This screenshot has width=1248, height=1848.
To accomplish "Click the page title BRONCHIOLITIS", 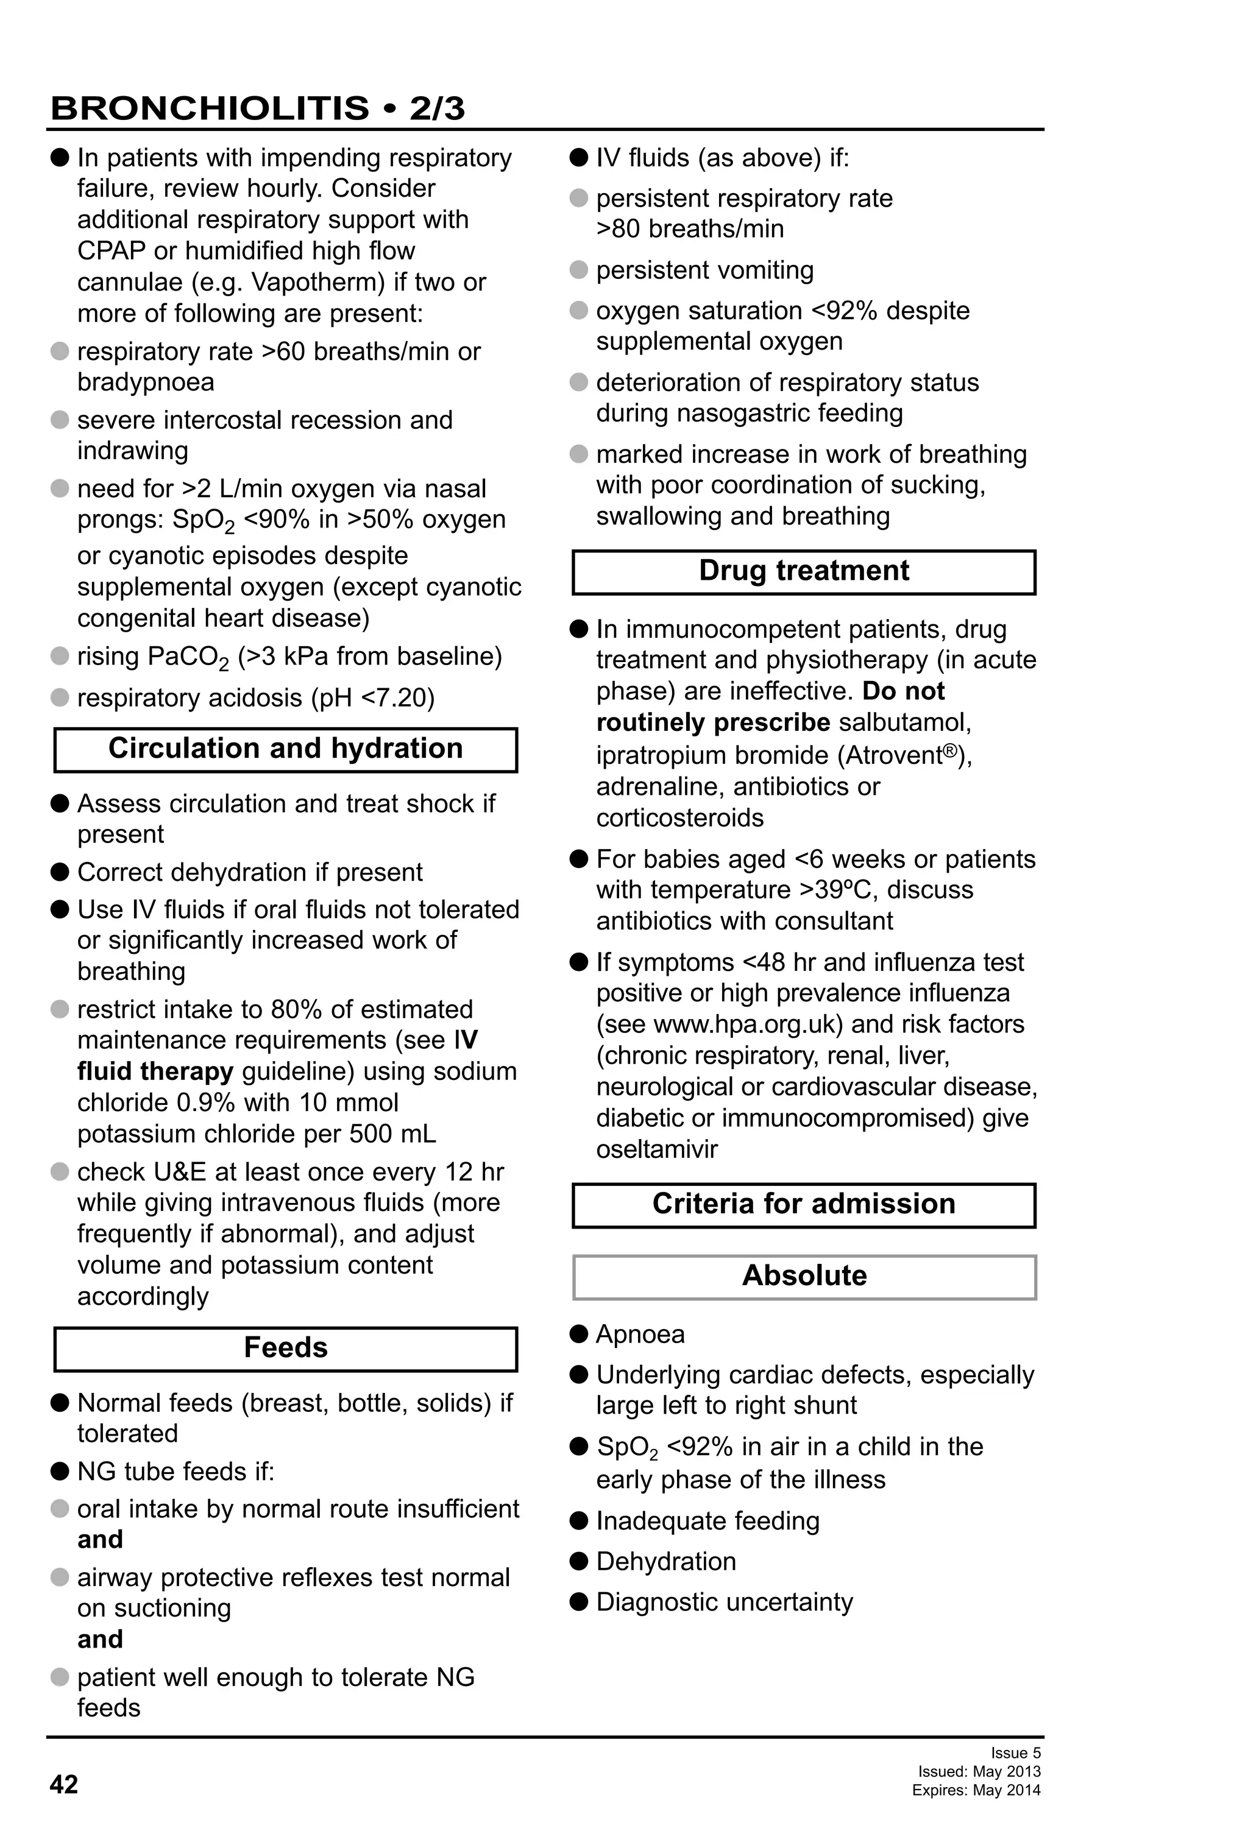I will (x=209, y=108).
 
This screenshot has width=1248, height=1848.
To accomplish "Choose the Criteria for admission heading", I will (x=803, y=1204).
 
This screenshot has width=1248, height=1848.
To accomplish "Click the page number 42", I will (x=63, y=1785).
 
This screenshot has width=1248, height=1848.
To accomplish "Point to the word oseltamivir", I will (x=656, y=1149).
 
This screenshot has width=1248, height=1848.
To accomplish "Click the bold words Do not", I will (x=903, y=691).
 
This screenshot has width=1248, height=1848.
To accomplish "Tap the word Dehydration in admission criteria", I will (x=666, y=1561).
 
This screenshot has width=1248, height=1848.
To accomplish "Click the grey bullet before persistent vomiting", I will (x=579, y=270).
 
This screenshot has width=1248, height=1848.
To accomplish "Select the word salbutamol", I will (x=904, y=723).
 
